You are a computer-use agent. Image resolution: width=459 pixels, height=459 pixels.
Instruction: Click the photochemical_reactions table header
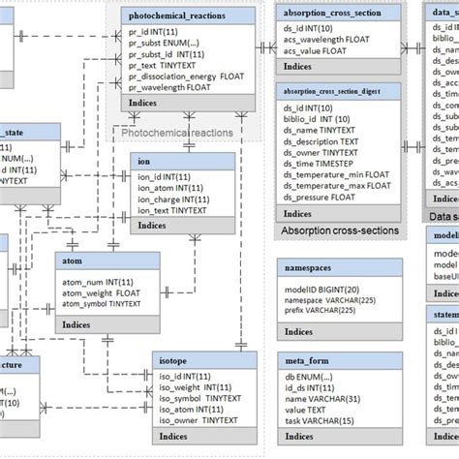pyautogui.click(x=190, y=15)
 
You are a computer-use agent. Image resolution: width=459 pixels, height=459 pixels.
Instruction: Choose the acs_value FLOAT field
pyautogui.click(x=323, y=51)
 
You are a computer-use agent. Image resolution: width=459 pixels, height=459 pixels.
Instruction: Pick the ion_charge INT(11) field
pyautogui.click(x=173, y=199)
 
